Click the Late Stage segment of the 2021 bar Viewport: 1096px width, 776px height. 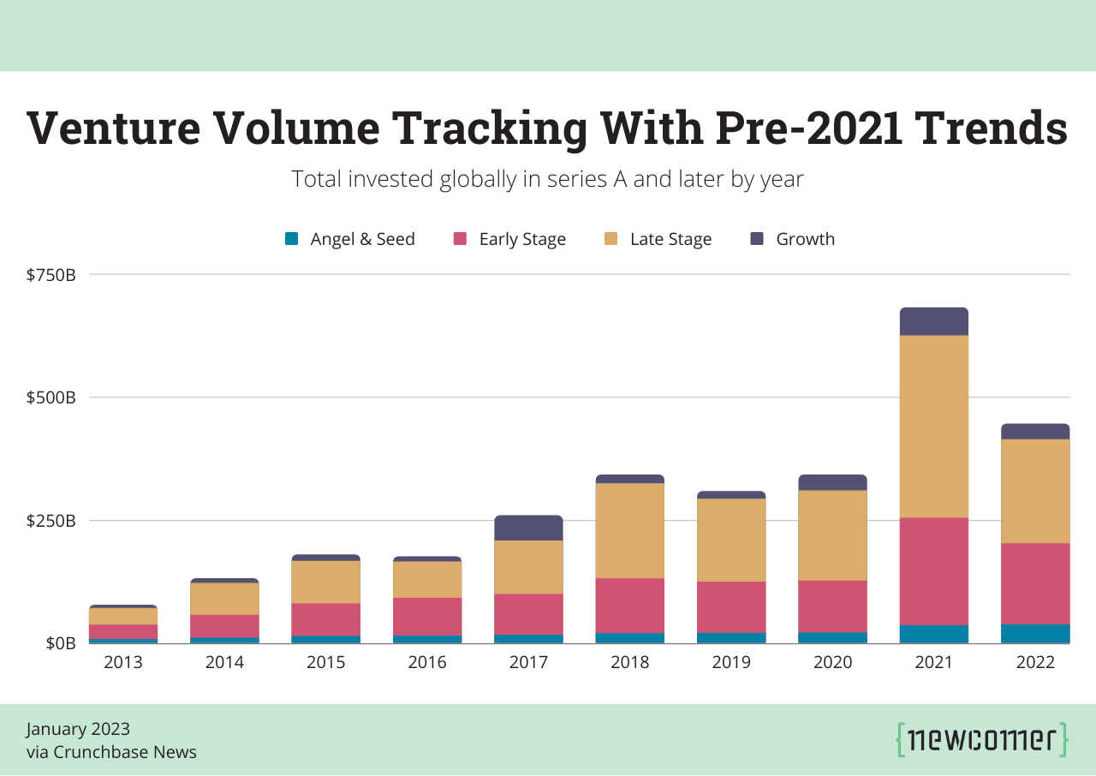[933, 426]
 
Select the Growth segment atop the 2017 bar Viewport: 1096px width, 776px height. [528, 528]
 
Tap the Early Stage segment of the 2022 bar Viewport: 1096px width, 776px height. [1035, 583]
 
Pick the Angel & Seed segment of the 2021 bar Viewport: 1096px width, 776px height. [933, 634]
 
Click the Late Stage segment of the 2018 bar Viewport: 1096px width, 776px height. [629, 531]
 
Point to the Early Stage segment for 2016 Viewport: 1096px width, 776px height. [427, 616]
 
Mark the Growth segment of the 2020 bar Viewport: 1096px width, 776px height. [832, 482]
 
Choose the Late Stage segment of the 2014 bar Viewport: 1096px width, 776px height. [224, 599]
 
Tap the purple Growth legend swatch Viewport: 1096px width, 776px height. [757, 239]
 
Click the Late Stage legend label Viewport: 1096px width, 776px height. [670, 239]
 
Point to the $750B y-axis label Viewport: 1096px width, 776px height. [51, 275]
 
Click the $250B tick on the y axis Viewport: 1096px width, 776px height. [51, 521]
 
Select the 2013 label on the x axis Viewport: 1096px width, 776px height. [123, 662]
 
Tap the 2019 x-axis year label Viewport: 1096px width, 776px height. [730, 662]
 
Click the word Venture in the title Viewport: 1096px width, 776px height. [113, 128]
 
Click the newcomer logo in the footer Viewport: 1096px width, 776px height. [982, 739]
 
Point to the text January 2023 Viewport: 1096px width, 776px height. [78, 729]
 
